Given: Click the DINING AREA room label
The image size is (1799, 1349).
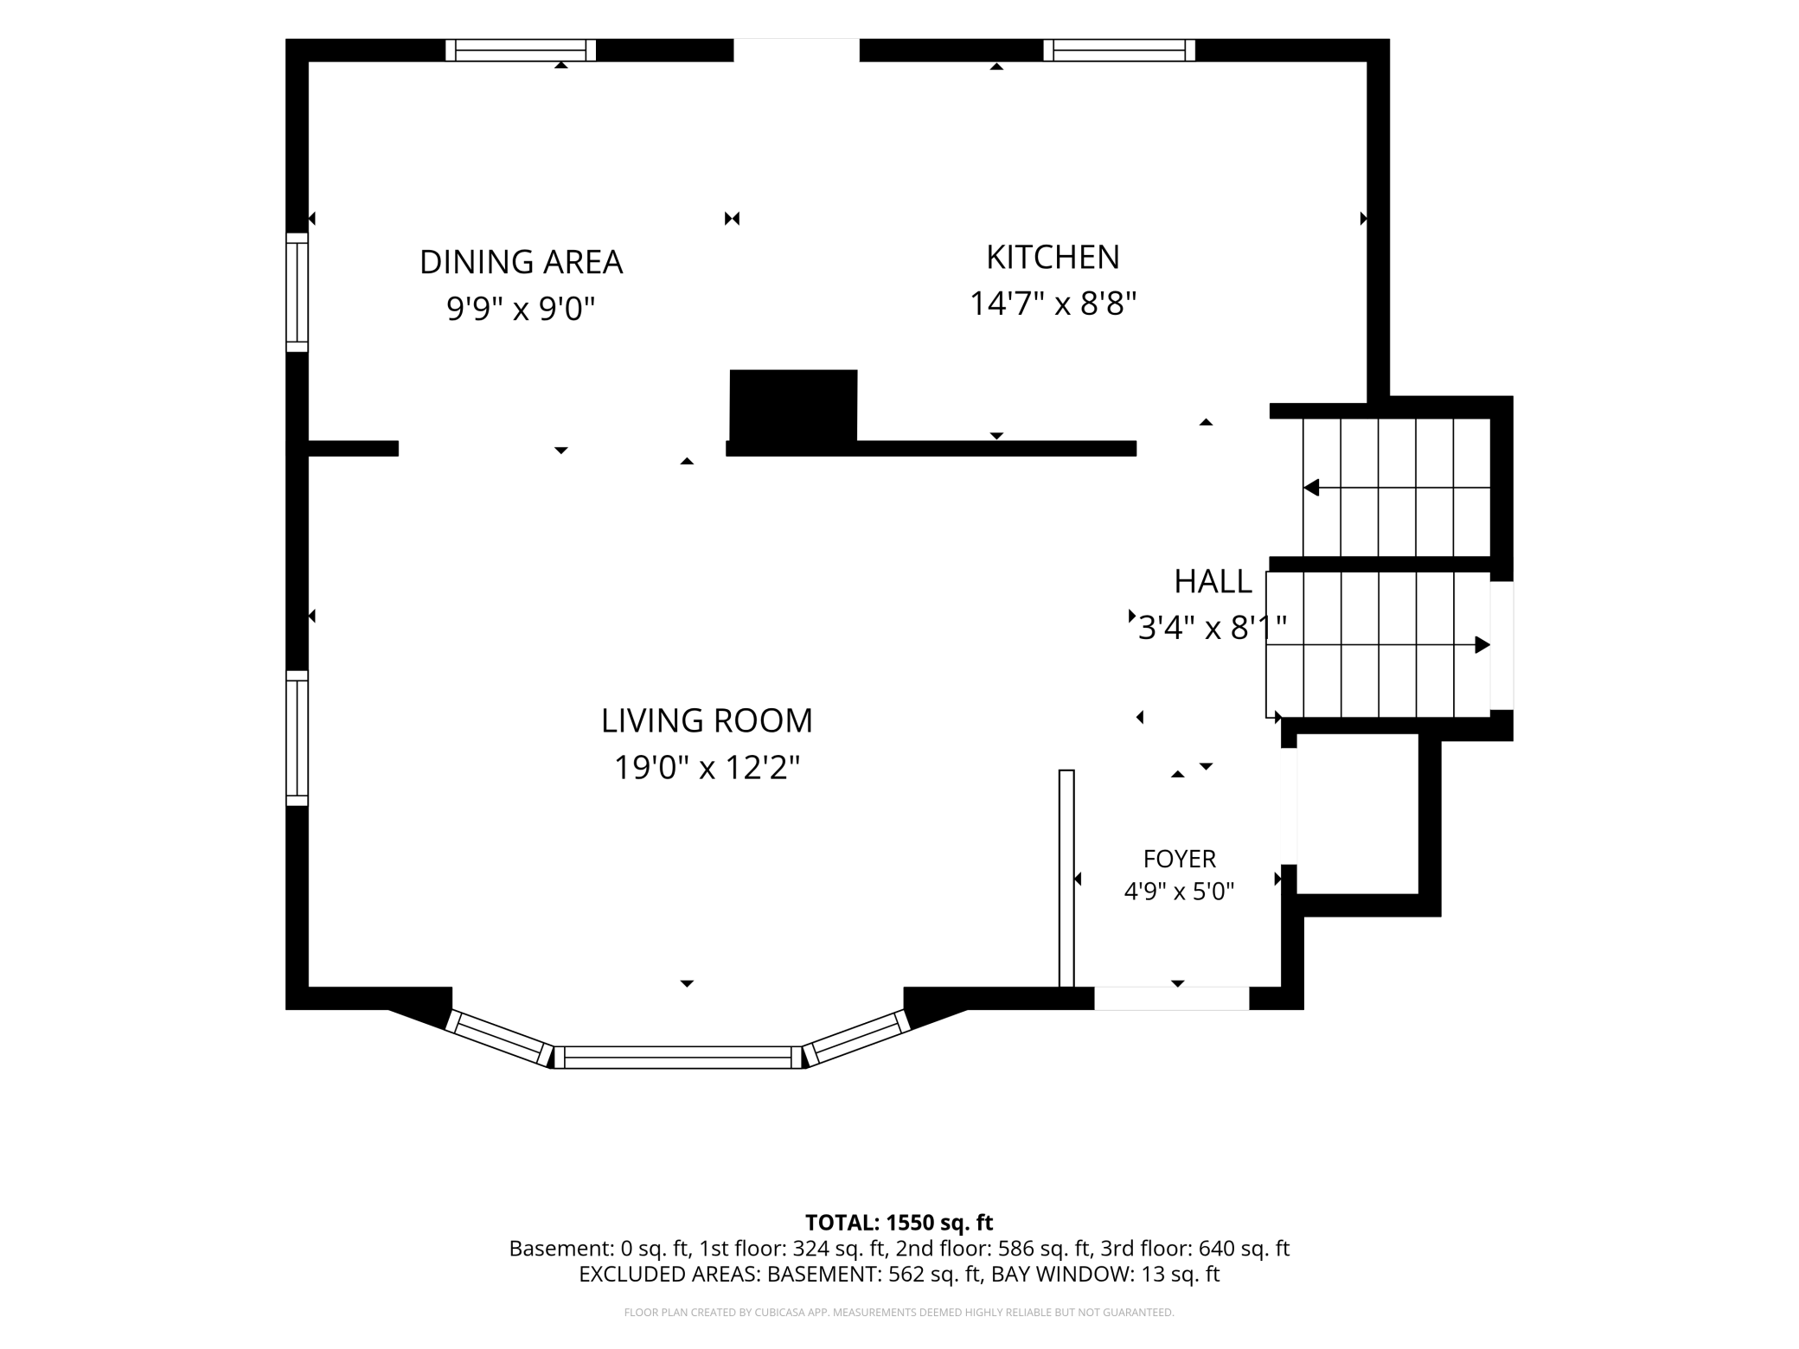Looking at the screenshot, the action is (521, 262).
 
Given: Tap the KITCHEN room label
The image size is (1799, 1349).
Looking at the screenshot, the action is (1053, 257).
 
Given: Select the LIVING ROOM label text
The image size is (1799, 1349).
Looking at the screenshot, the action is (707, 720).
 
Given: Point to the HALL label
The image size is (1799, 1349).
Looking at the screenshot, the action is (1213, 582).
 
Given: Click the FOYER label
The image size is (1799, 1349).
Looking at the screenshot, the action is (1180, 859).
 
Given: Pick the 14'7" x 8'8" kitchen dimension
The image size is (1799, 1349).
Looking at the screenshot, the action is (1053, 304).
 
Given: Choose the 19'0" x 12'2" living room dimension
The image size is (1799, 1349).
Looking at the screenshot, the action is (707, 767).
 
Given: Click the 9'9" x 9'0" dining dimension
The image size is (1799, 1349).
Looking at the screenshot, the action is (521, 308).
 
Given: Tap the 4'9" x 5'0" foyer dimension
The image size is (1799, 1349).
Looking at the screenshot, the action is (1179, 892).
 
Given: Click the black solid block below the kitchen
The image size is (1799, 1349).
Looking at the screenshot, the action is (793, 406).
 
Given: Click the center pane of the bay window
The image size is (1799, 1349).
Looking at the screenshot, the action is (677, 1057).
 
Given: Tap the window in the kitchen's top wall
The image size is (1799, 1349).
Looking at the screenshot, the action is (1119, 50).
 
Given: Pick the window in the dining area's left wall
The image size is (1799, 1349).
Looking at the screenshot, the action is (297, 292).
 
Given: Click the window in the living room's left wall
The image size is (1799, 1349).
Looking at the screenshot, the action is (297, 738).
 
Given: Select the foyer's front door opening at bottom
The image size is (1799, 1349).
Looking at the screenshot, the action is (1172, 998).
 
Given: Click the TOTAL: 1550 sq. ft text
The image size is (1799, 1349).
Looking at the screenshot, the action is (899, 1223).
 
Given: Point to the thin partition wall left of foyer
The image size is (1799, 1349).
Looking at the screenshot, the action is (1066, 878).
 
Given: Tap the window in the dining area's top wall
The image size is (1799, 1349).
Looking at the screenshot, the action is (521, 50).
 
